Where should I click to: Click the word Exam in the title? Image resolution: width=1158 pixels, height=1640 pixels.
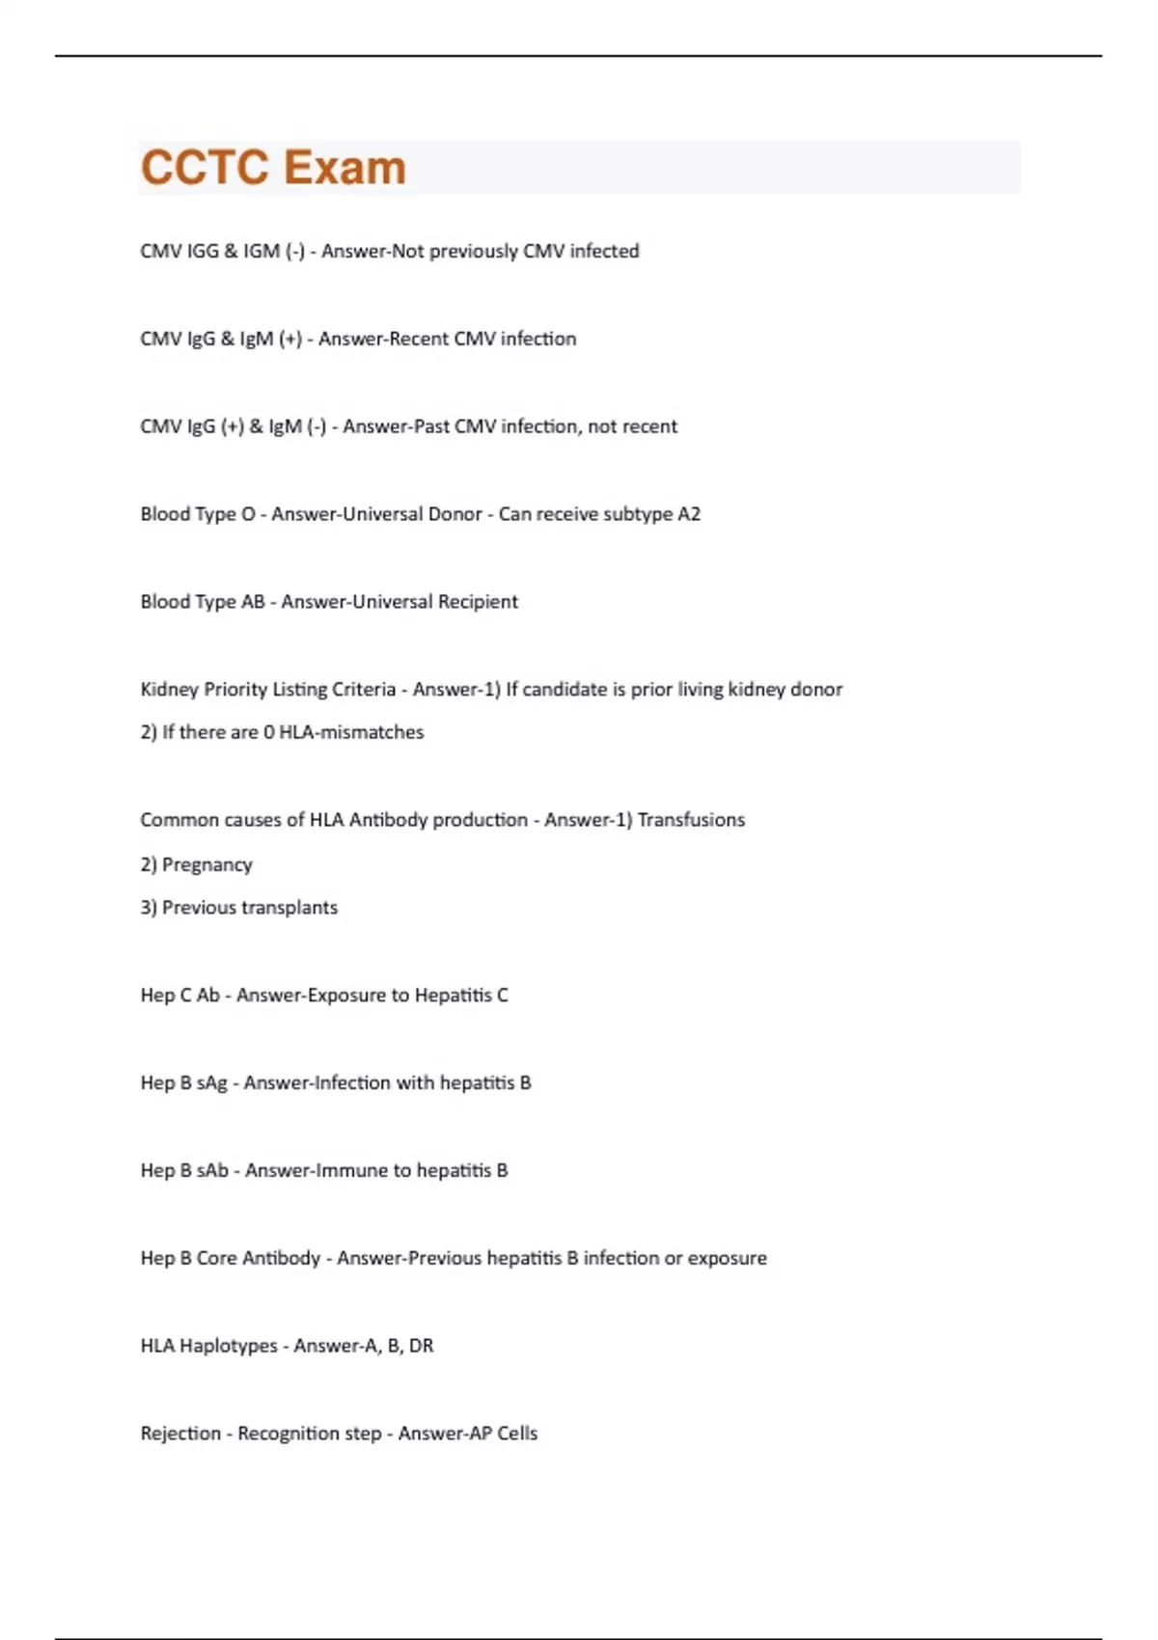[345, 168]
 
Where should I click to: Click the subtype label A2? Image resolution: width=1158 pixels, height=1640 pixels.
[689, 514]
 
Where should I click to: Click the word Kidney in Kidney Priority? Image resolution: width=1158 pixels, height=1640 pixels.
[169, 690]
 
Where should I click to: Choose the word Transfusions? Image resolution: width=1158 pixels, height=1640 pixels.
[691, 820]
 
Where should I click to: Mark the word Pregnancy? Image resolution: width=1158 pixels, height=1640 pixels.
[207, 865]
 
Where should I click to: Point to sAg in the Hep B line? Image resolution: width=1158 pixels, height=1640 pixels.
[212, 1083]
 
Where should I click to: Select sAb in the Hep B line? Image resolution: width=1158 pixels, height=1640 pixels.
[212, 1171]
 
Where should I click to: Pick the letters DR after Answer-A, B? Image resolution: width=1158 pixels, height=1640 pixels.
[421, 1346]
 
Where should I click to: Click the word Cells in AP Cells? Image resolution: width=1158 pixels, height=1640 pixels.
[517, 1434]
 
